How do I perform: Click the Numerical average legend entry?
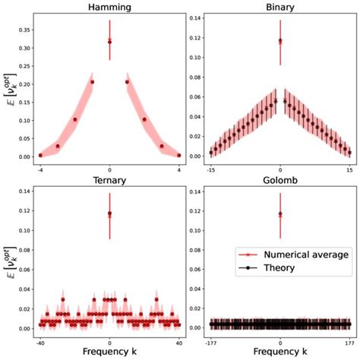tap(300, 254)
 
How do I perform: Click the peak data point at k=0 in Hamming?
tap(109, 42)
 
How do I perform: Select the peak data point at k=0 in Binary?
tap(280, 41)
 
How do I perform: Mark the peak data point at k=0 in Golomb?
tap(280, 214)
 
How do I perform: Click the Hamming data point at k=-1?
tap(92, 82)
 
